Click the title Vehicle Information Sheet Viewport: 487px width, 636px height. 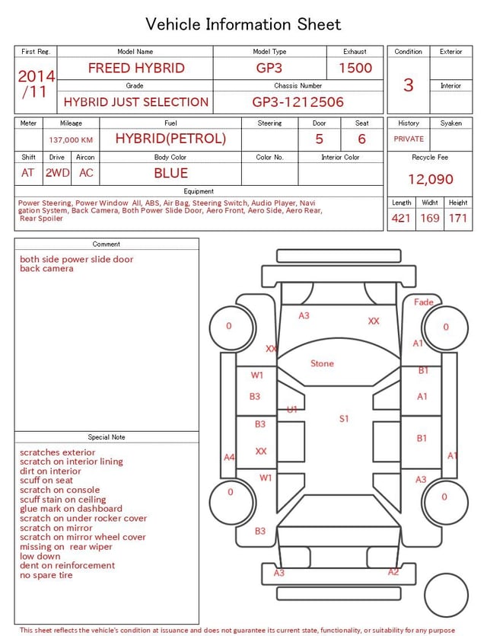point(243,24)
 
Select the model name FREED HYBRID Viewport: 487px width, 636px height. point(136,68)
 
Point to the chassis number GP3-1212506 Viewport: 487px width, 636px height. point(298,102)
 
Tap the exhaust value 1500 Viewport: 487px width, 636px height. point(355,68)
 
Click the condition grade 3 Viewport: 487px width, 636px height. point(409,85)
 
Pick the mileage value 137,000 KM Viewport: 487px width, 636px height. point(71,140)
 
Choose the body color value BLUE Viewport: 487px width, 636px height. point(170,173)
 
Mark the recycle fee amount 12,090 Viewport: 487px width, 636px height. point(430,179)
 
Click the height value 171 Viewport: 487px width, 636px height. point(458,218)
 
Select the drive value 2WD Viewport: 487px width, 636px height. point(57,173)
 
